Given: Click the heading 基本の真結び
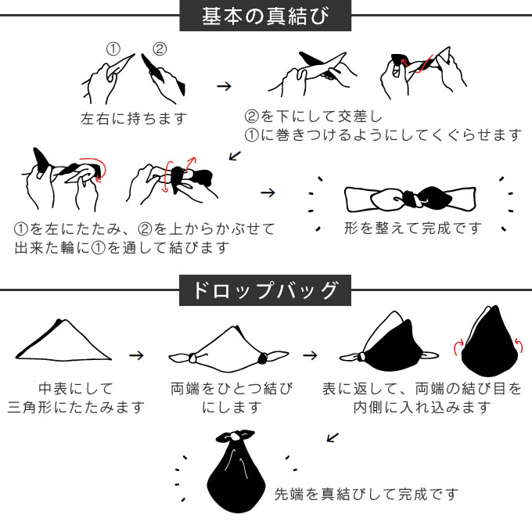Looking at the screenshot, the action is click(x=265, y=16).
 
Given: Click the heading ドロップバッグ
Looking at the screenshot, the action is click(x=265, y=290).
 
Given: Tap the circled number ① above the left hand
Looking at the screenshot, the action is click(x=113, y=49).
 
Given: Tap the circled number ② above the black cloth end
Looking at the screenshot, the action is click(x=160, y=49).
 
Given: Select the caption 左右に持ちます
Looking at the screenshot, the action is click(x=134, y=119).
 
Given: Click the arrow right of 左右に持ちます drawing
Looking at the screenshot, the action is click(x=224, y=86).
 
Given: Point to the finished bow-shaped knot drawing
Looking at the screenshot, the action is click(x=410, y=199).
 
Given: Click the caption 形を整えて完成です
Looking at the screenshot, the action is click(x=413, y=229).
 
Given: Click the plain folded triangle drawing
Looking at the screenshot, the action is click(x=63, y=340).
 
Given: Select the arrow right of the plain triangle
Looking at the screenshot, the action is click(x=136, y=355).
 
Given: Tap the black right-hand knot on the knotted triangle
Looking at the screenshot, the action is click(x=263, y=358).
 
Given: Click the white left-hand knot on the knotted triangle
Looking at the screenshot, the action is click(x=193, y=358).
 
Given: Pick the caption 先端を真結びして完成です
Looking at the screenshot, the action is click(x=366, y=495).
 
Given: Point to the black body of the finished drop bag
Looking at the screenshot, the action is click(x=236, y=478).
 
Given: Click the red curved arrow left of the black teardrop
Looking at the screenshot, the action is click(x=458, y=347).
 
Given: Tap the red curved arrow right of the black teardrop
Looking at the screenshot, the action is click(x=519, y=346).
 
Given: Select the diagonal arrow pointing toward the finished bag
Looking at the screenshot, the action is click(x=332, y=437).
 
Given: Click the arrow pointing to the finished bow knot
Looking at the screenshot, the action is click(x=268, y=193).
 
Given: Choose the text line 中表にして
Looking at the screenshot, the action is click(x=75, y=388).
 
